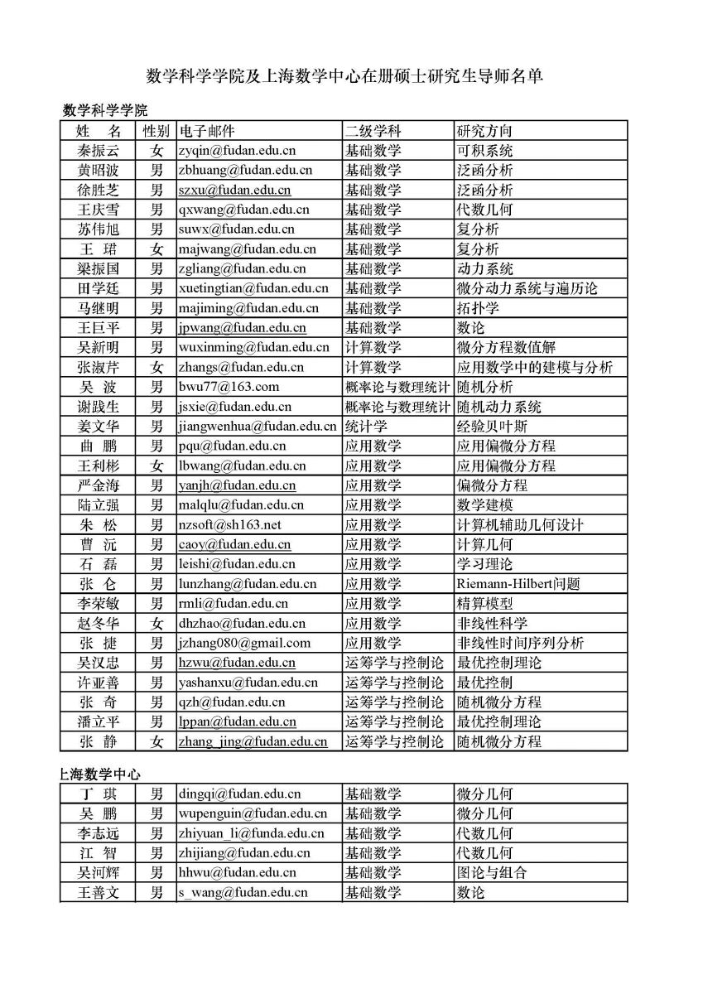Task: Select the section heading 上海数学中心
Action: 100,774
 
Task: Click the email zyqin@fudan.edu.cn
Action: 237,151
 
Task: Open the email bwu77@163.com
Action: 229,387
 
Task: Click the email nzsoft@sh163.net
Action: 229,524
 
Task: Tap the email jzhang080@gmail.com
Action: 244,643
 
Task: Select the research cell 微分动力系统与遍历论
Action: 527,288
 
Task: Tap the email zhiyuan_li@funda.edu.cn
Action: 251,833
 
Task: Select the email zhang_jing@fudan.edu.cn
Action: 253,741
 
